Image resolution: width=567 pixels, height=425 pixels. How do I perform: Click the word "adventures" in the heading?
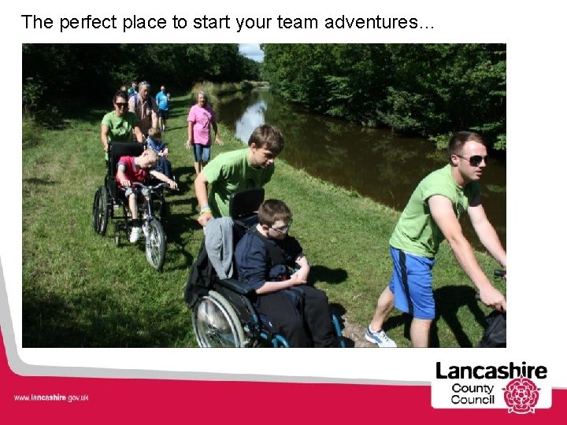(x=375, y=22)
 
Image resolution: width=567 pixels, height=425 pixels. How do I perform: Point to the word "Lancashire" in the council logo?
(x=491, y=370)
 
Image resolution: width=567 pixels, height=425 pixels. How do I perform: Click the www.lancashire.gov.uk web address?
(x=51, y=398)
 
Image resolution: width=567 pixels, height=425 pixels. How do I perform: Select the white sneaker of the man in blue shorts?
(x=380, y=337)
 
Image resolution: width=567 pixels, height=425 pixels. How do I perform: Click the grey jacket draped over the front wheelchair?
(x=220, y=246)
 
